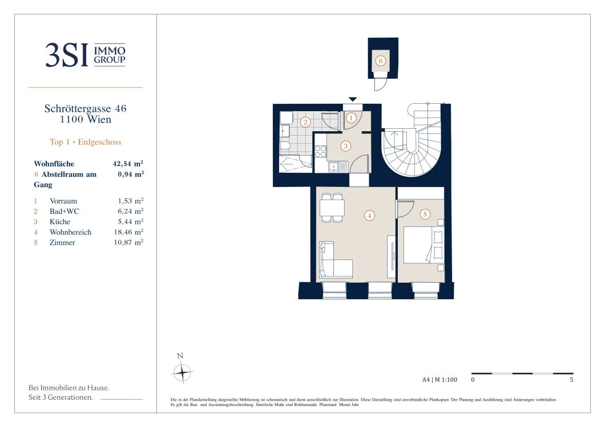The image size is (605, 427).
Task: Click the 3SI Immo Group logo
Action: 85,55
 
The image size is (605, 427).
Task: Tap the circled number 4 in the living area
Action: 369,215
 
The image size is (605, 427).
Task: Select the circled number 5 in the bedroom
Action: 425,214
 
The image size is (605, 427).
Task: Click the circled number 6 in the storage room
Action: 381,61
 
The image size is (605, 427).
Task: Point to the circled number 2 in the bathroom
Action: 305,122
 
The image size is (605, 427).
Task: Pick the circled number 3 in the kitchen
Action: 345,146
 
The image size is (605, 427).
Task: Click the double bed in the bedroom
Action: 424,245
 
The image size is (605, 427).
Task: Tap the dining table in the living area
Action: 332,208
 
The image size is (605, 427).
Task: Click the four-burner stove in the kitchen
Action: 320,152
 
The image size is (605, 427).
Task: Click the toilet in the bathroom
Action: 285,147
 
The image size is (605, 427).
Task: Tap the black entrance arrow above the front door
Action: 353,99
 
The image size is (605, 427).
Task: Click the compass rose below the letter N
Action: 181,373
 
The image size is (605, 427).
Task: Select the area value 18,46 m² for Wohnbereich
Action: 128,232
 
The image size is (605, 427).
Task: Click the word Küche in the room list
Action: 60,222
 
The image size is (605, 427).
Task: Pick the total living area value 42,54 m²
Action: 128,164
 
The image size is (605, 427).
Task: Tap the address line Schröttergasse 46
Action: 85,108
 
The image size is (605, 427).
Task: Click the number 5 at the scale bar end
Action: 571,380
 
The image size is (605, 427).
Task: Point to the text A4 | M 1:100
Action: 439,380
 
